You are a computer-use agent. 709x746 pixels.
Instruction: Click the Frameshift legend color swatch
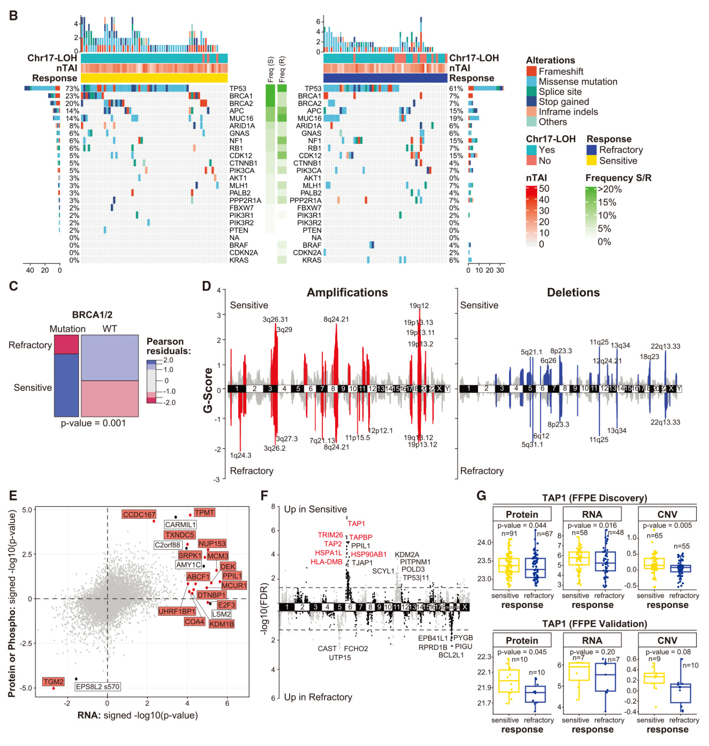coord(531,71)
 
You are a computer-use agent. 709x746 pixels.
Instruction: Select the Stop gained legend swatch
coord(531,101)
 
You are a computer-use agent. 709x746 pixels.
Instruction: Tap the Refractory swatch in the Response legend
coord(592,150)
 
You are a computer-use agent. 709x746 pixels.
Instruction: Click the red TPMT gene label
coord(204,513)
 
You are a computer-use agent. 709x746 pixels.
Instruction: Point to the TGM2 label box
coord(54,682)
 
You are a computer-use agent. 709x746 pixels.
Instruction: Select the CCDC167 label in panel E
coord(139,515)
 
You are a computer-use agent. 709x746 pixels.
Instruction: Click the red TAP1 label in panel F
coord(356,524)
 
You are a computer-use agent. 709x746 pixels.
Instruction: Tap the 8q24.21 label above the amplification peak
coord(336,319)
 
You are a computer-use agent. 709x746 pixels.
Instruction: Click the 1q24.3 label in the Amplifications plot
coord(240,456)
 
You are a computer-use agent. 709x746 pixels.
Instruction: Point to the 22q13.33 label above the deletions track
coord(665,346)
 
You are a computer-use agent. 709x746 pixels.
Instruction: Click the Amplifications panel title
coord(347,293)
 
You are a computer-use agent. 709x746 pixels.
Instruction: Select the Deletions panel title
coord(573,293)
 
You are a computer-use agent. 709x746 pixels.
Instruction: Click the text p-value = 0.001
coord(93,423)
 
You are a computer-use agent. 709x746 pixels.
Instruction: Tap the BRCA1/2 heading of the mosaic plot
coord(92,315)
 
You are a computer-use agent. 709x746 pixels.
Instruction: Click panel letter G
coord(481,495)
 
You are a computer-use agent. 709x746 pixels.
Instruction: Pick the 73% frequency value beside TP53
coord(72,89)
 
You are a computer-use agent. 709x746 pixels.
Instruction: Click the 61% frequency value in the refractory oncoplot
coord(456,89)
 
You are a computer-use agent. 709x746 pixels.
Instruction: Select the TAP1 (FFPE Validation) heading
coord(594,624)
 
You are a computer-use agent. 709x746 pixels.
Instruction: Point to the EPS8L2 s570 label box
coord(97,687)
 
